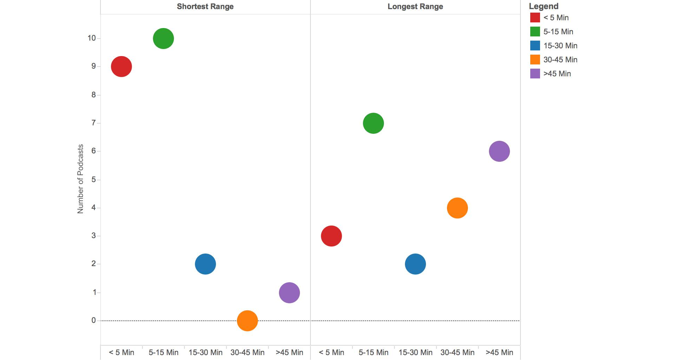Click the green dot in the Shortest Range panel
tap(163, 39)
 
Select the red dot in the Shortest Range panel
tap(121, 67)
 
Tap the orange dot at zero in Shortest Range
tap(247, 321)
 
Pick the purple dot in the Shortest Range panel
tap(289, 293)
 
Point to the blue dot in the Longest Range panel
tap(415, 264)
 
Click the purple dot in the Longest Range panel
tap(499, 151)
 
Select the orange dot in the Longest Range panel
tap(457, 208)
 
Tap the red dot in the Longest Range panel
tap(331, 236)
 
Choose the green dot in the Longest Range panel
tap(373, 123)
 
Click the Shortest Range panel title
tap(205, 7)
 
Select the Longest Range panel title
tap(415, 7)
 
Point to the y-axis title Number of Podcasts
tap(80, 179)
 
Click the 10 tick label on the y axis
tap(92, 38)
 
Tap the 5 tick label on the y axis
tap(93, 180)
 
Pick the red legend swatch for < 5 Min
tap(535, 18)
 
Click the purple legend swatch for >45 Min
tap(535, 74)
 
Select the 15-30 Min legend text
tap(560, 46)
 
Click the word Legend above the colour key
tap(544, 6)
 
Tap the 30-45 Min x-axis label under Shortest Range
tap(247, 353)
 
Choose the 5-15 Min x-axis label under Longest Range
tap(373, 353)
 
